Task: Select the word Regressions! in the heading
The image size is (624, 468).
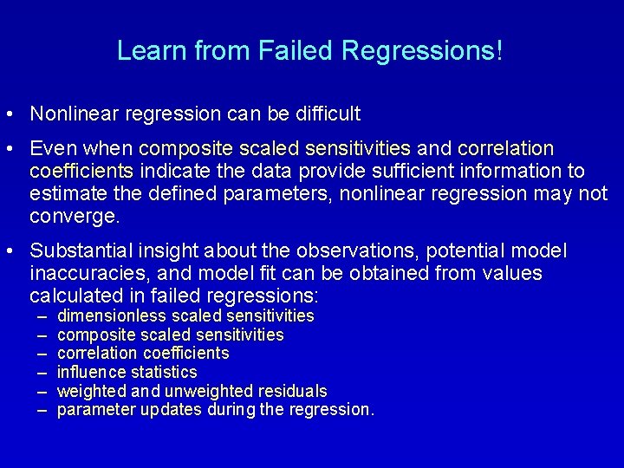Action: click(x=423, y=51)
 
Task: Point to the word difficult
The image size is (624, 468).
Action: click(x=328, y=114)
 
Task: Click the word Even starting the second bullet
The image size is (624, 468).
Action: click(x=51, y=148)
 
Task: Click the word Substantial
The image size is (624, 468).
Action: click(x=77, y=251)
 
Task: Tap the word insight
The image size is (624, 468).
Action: click(x=159, y=251)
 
